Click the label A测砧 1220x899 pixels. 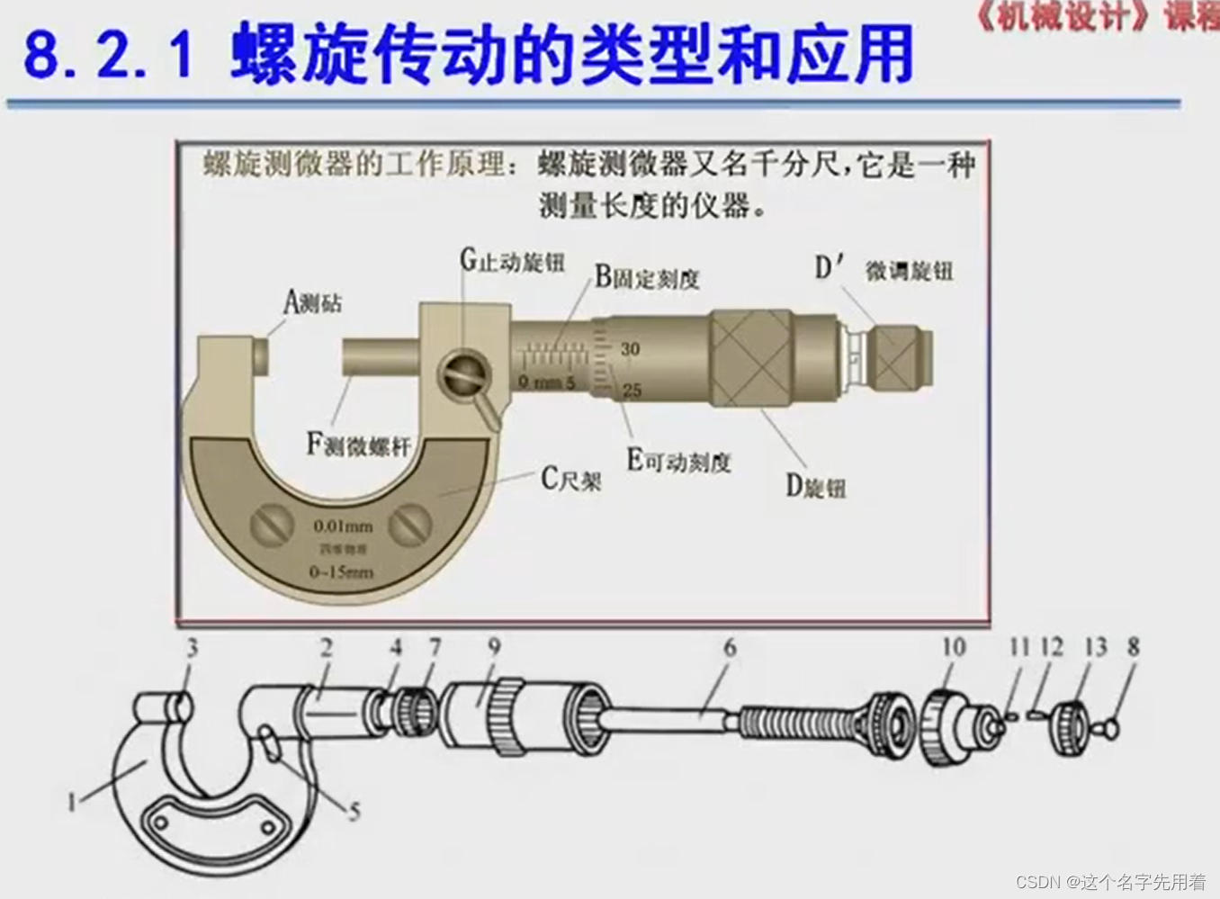click(313, 302)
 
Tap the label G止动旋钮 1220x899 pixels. click(512, 261)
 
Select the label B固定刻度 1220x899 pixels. click(647, 278)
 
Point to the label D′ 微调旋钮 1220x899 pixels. click(884, 269)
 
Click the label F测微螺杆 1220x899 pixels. click(358, 445)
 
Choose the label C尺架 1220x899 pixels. click(570, 480)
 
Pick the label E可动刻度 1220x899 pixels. click(678, 462)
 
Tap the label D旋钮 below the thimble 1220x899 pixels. click(815, 487)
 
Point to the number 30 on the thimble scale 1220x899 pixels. click(630, 348)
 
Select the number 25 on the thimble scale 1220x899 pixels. click(632, 390)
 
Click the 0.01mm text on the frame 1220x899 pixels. click(343, 526)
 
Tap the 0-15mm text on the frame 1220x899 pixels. click(341, 571)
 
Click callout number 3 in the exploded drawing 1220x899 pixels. click(192, 647)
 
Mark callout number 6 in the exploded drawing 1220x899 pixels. click(730, 647)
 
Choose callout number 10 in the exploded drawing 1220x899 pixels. click(954, 647)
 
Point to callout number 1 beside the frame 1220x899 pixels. click(73, 800)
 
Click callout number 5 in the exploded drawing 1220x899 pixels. click(354, 812)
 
